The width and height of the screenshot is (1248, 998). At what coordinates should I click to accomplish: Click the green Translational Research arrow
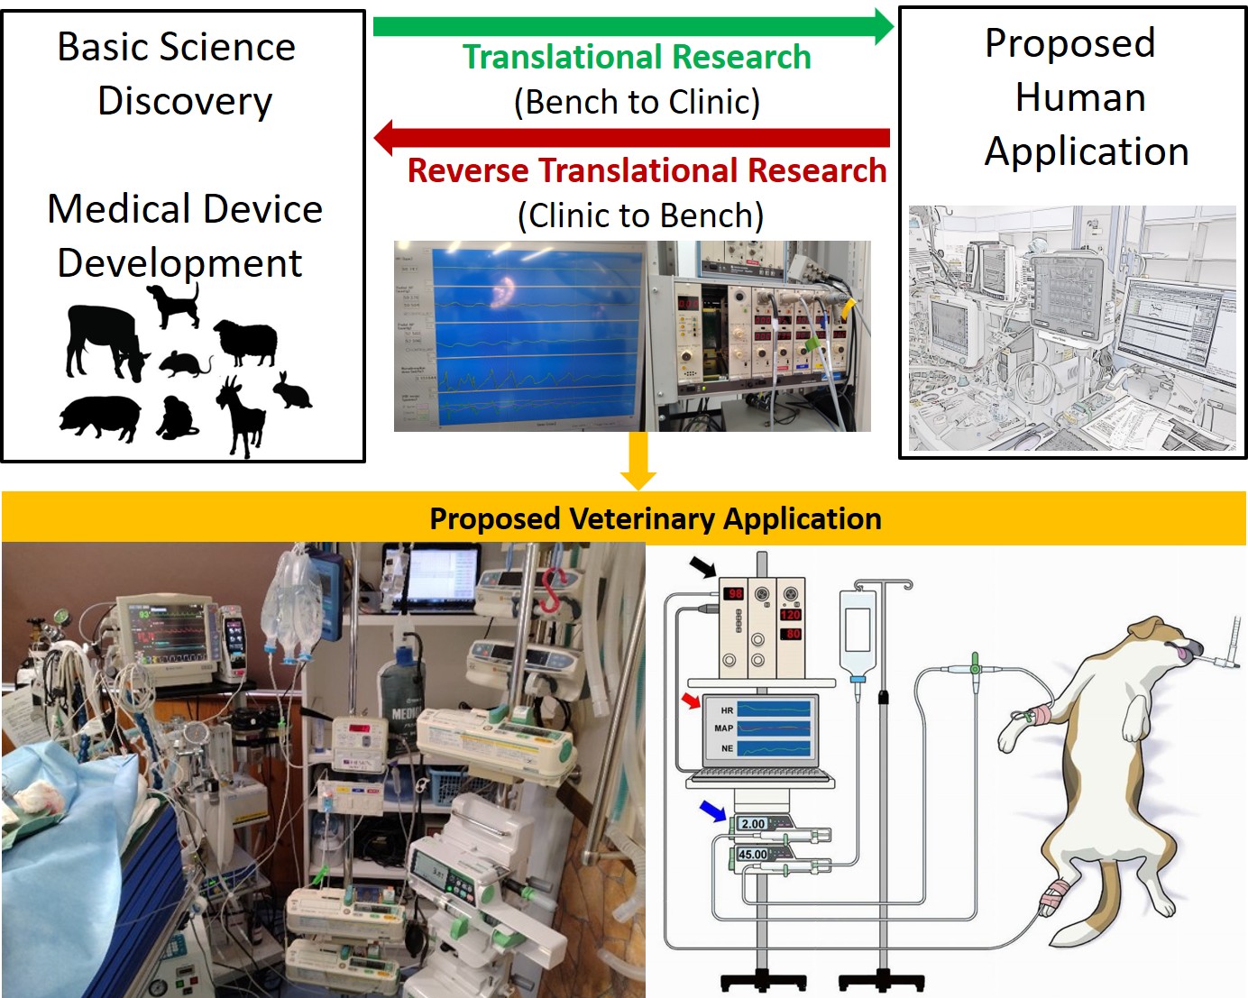(x=631, y=26)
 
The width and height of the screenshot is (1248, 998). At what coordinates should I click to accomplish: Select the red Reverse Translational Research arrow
(x=631, y=138)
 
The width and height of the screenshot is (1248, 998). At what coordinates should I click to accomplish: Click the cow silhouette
(x=104, y=341)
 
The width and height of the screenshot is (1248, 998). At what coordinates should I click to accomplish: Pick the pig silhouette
(x=100, y=417)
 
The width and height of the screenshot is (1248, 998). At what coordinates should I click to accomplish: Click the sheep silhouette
(x=246, y=342)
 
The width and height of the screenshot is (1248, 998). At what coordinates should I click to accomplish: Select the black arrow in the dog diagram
(x=702, y=567)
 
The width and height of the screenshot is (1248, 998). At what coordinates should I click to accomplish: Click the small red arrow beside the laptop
(x=691, y=700)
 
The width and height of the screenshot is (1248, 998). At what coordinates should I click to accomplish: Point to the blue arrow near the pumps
(x=712, y=811)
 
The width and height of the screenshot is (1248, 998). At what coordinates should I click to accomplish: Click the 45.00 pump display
(x=752, y=854)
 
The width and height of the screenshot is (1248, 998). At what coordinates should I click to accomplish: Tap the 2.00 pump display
(x=752, y=823)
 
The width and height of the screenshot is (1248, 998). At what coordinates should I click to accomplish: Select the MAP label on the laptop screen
(x=723, y=728)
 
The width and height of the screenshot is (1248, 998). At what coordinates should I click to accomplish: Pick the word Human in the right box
(x=1080, y=97)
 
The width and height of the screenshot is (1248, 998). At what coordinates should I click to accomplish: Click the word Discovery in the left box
(x=185, y=101)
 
